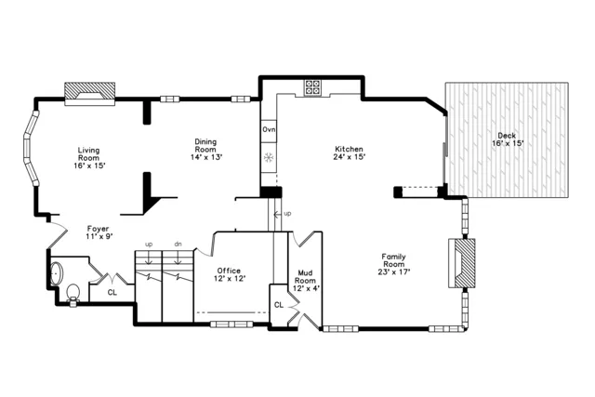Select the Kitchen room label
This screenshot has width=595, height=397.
(x=349, y=149)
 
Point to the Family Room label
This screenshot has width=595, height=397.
(x=395, y=263)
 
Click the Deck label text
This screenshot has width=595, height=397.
(x=508, y=139)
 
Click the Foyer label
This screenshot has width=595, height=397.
(x=98, y=232)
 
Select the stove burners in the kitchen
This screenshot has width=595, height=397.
(x=312, y=88)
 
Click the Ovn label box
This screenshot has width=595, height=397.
(x=269, y=129)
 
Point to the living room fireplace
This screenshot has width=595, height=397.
(x=90, y=90)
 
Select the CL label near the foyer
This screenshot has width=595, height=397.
(x=112, y=292)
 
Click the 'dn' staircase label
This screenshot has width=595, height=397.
(x=177, y=245)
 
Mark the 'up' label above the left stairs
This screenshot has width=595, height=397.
(x=148, y=245)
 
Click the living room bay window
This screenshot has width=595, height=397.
(x=32, y=147)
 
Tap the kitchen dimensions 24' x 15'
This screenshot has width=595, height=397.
(x=349, y=156)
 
